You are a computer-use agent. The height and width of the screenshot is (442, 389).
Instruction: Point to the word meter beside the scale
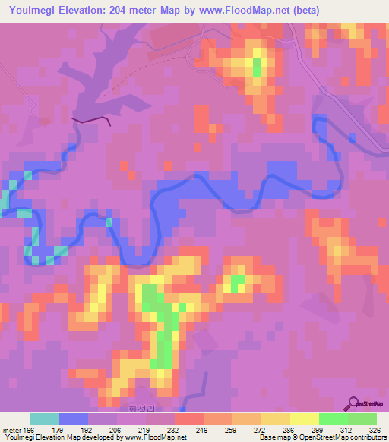11,431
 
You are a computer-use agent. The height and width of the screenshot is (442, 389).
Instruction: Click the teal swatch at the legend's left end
45,418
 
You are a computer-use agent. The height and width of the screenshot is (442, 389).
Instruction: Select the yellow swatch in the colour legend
305,418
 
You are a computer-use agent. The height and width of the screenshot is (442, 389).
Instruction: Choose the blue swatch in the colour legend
74,418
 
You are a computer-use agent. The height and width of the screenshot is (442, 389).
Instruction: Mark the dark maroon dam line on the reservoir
92,120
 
